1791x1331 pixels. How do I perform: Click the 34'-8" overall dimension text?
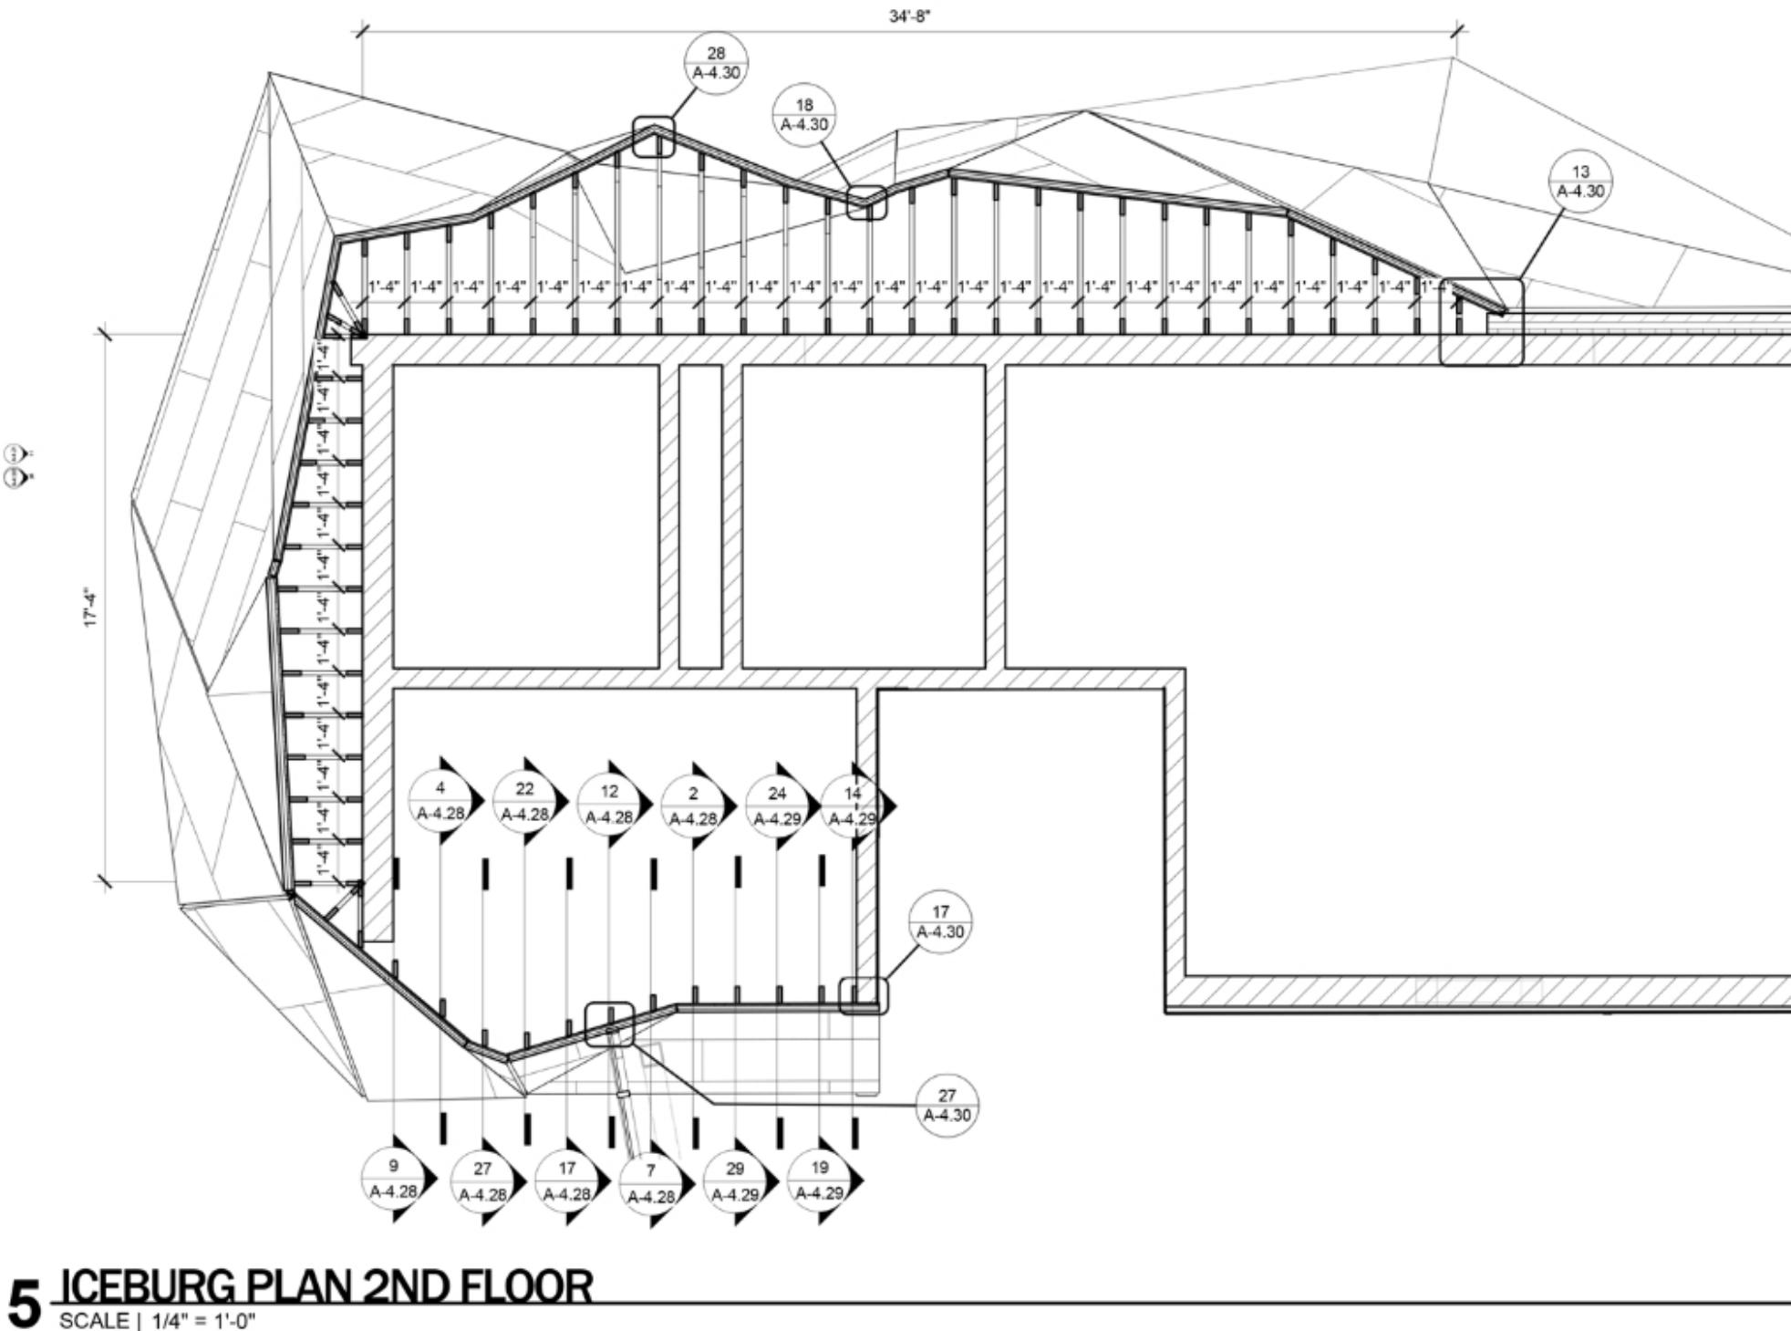click(910, 16)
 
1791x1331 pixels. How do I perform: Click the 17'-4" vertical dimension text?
click(90, 608)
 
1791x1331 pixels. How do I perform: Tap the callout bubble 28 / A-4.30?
click(716, 63)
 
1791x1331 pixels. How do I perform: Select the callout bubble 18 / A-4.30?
click(803, 114)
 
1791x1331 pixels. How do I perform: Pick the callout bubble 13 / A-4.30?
click(1580, 182)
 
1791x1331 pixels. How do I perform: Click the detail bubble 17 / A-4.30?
click(940, 921)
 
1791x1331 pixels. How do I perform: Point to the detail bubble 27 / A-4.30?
click(947, 1105)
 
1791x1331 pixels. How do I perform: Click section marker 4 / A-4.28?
click(441, 801)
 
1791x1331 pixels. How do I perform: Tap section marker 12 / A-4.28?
click(609, 803)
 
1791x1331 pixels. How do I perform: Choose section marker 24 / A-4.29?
click(777, 805)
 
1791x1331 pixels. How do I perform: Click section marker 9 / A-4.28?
click(394, 1178)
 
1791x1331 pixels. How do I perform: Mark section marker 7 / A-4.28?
click(650, 1183)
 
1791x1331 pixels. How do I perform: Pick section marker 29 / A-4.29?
click(735, 1180)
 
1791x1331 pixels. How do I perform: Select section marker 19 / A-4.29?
click(819, 1179)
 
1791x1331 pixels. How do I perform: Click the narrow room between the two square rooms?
click(700, 516)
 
